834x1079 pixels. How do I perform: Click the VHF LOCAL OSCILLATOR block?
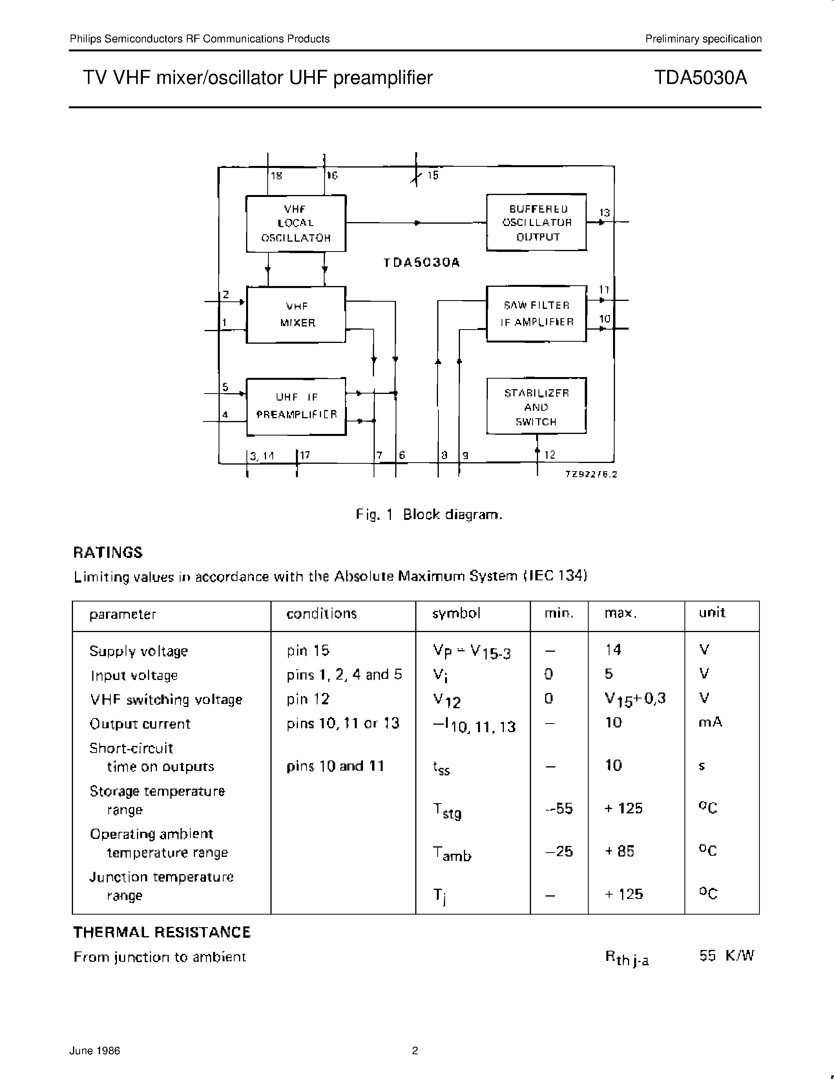click(296, 223)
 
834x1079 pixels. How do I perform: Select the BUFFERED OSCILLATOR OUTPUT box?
click(537, 222)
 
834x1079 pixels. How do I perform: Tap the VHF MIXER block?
click(296, 315)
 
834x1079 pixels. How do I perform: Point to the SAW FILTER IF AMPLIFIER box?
click(537, 314)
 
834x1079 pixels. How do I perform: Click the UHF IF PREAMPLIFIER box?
click(296, 406)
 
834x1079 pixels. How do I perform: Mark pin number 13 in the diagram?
click(604, 213)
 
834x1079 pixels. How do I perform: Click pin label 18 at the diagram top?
click(276, 175)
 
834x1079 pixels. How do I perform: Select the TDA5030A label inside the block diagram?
click(422, 263)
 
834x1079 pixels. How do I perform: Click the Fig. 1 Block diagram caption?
click(429, 515)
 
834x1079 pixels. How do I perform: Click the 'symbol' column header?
click(456, 614)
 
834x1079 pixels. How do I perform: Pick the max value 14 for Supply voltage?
click(613, 650)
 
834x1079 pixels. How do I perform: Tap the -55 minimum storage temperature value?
click(559, 809)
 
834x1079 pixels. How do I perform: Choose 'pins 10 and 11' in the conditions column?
click(335, 766)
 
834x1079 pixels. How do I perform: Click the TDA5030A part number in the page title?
click(700, 78)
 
